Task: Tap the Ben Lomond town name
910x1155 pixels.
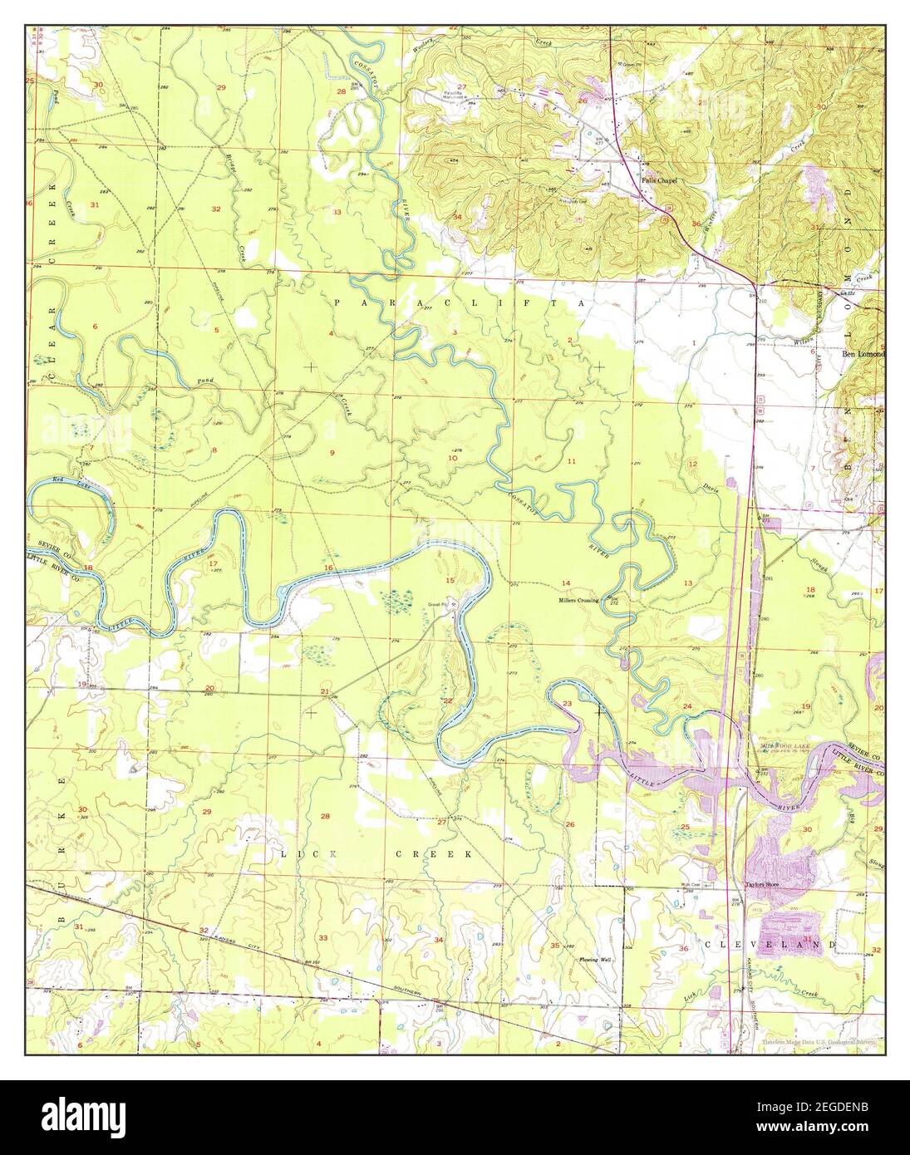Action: coord(864,353)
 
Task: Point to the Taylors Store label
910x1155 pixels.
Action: coord(765,885)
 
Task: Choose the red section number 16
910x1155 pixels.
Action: coord(329,568)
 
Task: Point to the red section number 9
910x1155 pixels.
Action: coord(332,452)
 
